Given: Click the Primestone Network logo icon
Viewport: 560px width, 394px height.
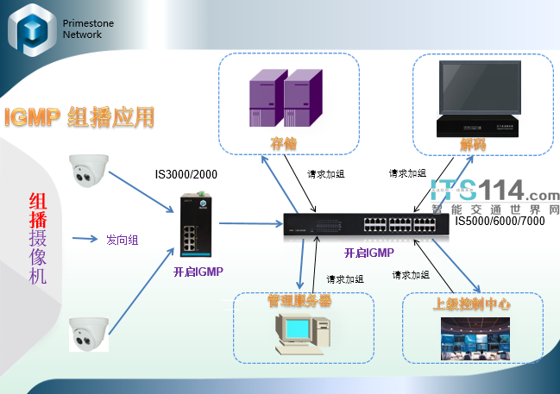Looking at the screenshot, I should (33, 31).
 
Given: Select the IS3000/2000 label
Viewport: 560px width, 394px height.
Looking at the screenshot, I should (186, 175).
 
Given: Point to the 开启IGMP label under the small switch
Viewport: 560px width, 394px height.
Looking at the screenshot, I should (198, 272).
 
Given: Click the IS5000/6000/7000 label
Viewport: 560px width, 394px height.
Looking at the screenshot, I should (500, 222).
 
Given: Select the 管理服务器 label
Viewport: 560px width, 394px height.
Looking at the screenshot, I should (299, 301).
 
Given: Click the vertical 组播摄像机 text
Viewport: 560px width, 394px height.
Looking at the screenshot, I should (39, 237).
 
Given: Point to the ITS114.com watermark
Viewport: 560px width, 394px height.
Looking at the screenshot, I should (495, 194).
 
